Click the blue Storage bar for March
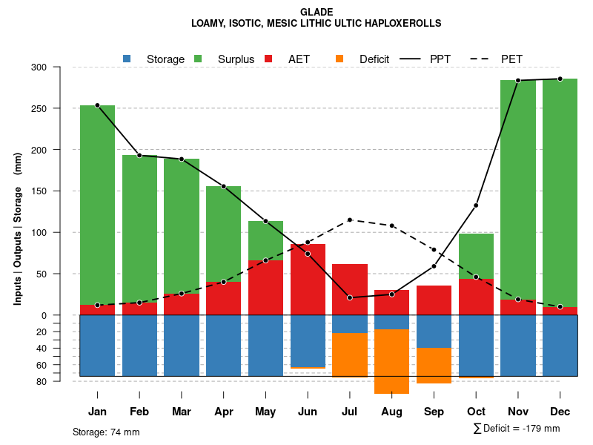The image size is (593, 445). click(182, 346)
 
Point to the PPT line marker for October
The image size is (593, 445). click(476, 205)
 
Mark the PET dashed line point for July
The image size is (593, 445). click(350, 220)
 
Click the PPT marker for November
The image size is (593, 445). click(518, 80)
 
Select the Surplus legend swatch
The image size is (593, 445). click(199, 59)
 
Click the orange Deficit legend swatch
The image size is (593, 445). click(339, 59)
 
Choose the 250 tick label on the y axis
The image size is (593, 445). click(59, 109)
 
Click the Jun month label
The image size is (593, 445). click(308, 412)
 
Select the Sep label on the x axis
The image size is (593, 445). click(434, 412)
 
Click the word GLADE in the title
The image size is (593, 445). click(317, 12)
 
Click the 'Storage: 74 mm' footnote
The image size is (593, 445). click(106, 432)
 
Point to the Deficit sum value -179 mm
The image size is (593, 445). click(541, 429)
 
